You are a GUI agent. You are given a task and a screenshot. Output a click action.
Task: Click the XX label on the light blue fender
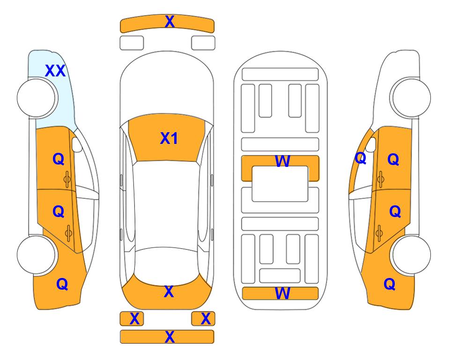tap(56, 71)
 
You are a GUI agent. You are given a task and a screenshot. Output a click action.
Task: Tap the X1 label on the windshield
tap(169, 138)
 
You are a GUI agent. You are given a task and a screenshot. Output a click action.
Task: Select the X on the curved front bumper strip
tap(170, 22)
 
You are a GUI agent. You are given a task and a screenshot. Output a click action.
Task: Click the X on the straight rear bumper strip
tap(170, 337)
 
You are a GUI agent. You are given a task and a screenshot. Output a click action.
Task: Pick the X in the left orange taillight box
tap(134, 319)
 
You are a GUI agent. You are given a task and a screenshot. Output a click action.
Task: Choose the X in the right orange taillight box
tap(206, 319)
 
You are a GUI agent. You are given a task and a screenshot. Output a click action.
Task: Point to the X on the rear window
tap(169, 292)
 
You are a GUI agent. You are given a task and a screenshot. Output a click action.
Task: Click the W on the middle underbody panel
tap(282, 161)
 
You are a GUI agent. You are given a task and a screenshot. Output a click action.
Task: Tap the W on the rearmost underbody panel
tap(282, 293)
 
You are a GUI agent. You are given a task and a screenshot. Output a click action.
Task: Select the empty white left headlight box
tap(132, 43)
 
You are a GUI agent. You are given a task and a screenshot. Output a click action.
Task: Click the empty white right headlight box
tap(203, 43)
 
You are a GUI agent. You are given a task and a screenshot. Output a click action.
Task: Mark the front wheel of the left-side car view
tap(37, 97)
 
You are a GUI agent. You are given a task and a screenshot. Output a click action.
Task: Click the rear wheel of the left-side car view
tap(37, 255)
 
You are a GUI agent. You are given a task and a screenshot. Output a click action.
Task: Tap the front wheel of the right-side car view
tap(411, 97)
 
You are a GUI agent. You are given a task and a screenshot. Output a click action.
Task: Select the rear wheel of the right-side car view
tap(411, 255)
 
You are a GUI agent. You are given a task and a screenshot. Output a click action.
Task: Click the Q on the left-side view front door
tap(59, 159)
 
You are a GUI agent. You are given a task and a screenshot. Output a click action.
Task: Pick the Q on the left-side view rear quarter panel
tap(62, 284)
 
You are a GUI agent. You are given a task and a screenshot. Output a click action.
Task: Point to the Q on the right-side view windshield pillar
tap(361, 158)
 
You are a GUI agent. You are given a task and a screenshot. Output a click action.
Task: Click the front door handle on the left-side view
tap(67, 180)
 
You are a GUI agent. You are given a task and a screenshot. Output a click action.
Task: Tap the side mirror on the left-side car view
tap(76, 144)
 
